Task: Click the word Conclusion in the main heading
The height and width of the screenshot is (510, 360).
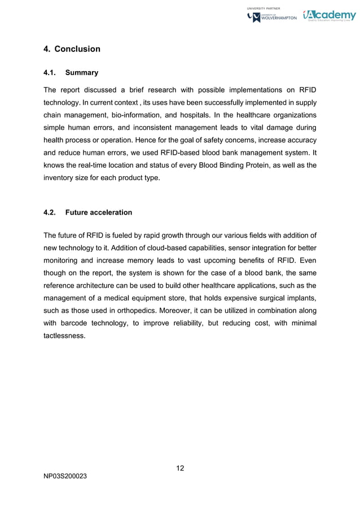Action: (x=77, y=49)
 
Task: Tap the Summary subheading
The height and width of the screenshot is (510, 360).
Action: (x=82, y=73)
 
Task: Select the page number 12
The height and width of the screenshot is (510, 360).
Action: (x=180, y=468)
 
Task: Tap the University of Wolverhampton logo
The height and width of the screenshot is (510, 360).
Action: (x=272, y=18)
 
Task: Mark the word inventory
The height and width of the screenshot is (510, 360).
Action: (x=60, y=178)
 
